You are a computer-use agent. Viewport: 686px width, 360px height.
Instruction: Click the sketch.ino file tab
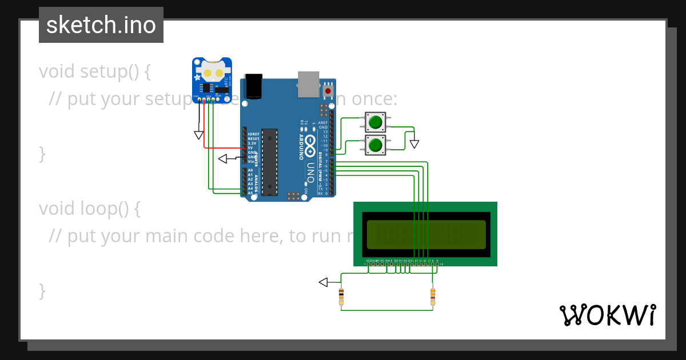101,25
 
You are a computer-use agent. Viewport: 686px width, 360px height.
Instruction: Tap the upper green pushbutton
376,122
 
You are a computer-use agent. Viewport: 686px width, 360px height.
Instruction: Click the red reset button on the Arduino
328,90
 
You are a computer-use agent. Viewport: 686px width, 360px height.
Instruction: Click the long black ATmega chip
269,161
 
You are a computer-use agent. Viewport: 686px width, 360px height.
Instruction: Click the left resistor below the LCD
341,296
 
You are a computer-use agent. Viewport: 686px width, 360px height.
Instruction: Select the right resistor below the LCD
432,296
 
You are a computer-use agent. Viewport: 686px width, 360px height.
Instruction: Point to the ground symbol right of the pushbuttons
414,143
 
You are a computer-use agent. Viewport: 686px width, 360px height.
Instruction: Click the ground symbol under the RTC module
199,135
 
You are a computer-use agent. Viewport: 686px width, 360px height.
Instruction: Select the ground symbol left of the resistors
324,282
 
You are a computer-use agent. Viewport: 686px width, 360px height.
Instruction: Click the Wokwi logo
607,315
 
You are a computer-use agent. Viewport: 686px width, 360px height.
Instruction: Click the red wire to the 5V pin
223,148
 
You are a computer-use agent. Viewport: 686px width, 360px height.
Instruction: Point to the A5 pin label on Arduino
250,193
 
